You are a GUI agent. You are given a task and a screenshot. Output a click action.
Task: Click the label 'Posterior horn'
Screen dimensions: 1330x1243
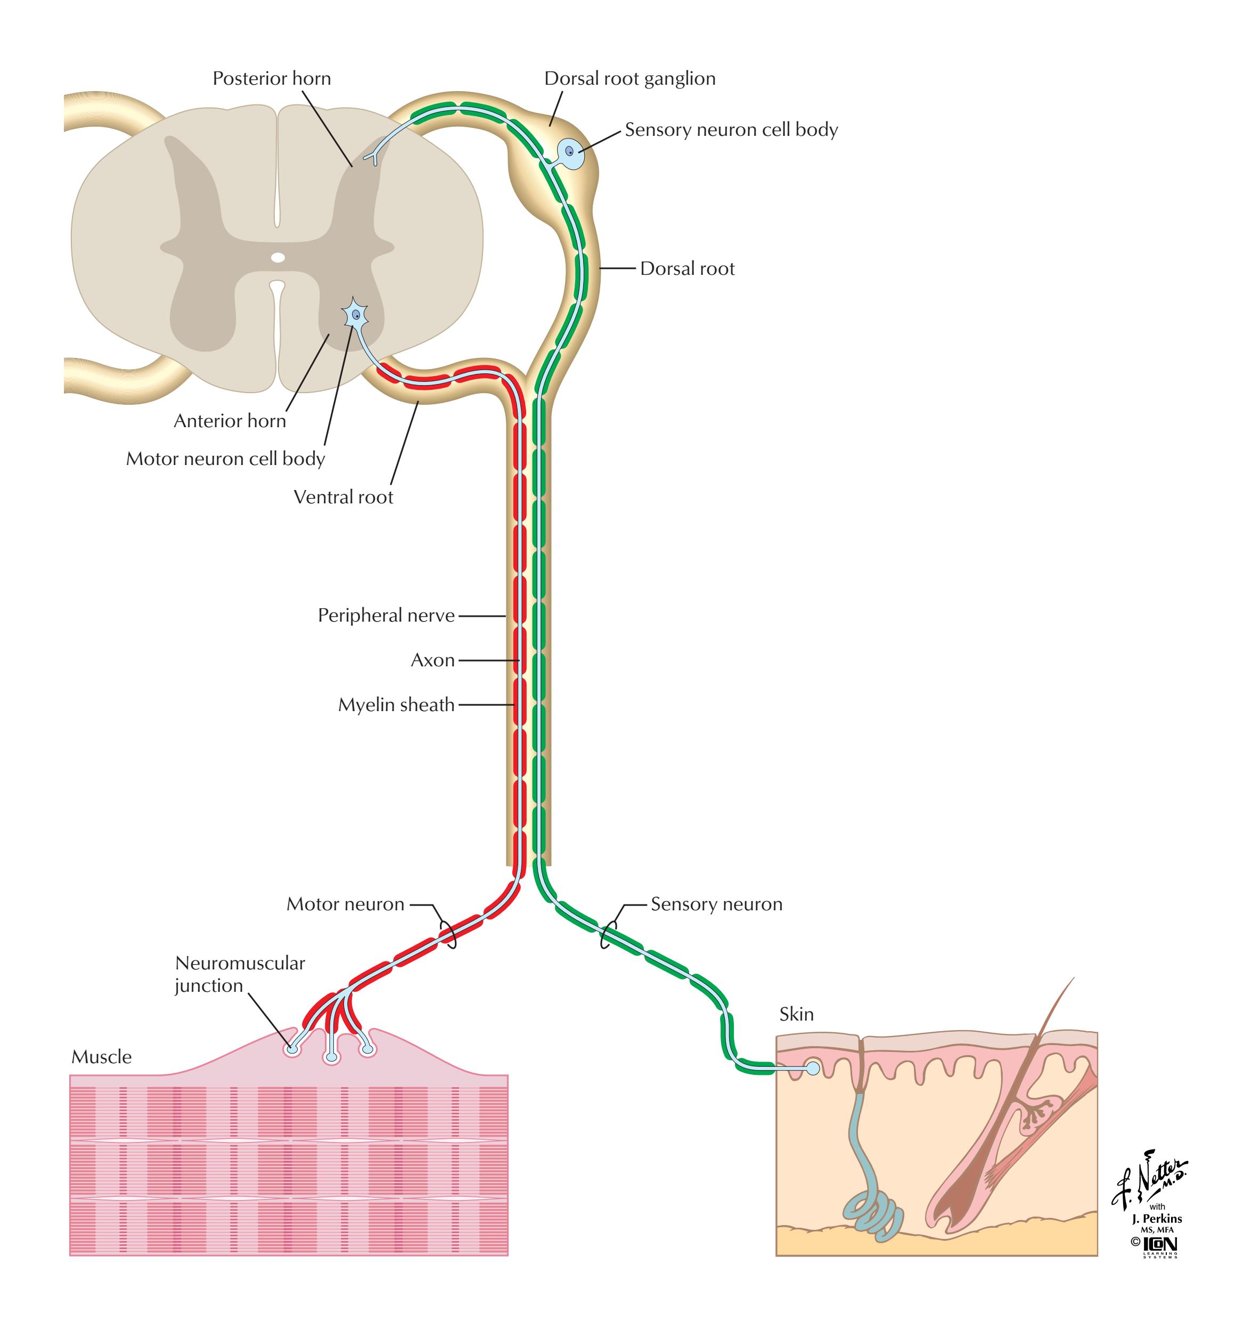271,79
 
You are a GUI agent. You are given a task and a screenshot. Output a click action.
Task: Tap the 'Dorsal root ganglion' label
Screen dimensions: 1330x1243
629,79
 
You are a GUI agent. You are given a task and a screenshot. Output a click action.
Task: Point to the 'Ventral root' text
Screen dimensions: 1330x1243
343,497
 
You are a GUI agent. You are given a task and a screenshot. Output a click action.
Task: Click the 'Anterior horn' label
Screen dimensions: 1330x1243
230,421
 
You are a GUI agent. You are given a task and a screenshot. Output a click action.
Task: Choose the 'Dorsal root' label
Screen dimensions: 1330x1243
687,269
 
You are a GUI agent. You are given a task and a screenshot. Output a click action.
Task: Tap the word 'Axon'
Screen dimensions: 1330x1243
432,660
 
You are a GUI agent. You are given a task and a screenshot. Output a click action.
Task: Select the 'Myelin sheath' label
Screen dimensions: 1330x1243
396,705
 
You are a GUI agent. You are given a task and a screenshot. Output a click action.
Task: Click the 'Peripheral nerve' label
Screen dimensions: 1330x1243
386,616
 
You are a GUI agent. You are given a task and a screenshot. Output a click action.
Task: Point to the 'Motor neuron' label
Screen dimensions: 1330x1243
345,904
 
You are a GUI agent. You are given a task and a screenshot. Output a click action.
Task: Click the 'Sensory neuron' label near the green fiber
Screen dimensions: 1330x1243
716,904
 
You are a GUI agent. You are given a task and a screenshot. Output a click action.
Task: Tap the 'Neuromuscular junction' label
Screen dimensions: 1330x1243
240,974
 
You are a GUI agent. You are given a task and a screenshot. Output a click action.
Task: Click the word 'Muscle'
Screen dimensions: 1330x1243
102,1057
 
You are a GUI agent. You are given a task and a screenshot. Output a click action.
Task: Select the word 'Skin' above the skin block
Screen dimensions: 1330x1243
796,1014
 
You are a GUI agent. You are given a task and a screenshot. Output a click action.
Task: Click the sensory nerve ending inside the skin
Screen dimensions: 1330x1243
812,1068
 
